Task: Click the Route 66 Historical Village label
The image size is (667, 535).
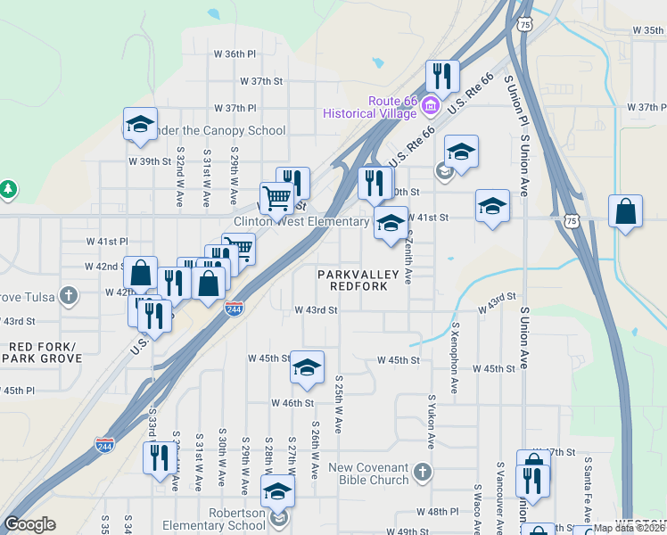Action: click(x=369, y=107)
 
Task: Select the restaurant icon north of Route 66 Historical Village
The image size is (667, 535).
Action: click(x=442, y=77)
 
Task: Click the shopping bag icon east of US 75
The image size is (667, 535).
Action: click(x=626, y=212)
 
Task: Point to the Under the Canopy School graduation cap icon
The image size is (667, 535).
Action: click(x=140, y=124)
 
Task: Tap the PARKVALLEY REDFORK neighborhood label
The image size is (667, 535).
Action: click(x=352, y=281)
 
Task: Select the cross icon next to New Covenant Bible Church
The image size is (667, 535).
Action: click(x=423, y=470)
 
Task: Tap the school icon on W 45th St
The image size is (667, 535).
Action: click(x=307, y=368)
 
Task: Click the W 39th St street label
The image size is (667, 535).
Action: click(x=149, y=161)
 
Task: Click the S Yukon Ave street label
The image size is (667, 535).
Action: click(x=432, y=422)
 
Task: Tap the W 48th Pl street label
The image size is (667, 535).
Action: click(x=437, y=512)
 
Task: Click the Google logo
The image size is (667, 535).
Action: click(x=29, y=524)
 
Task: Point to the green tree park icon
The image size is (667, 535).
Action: click(x=8, y=190)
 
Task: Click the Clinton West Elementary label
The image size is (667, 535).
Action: click(x=301, y=221)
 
